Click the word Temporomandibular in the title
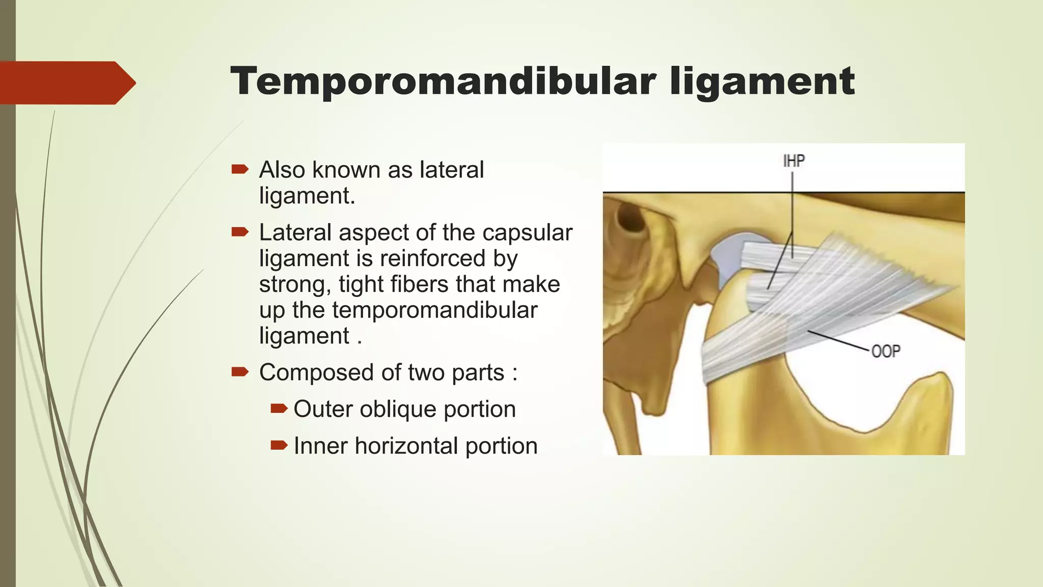click(442, 82)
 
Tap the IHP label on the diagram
click(793, 162)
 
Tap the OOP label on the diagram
click(886, 352)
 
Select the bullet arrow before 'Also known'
click(239, 169)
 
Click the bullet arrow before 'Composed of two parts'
click(239, 371)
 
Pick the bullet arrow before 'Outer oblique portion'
click(279, 408)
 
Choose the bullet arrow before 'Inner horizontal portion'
click(279, 445)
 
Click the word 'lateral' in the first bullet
click(451, 170)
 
